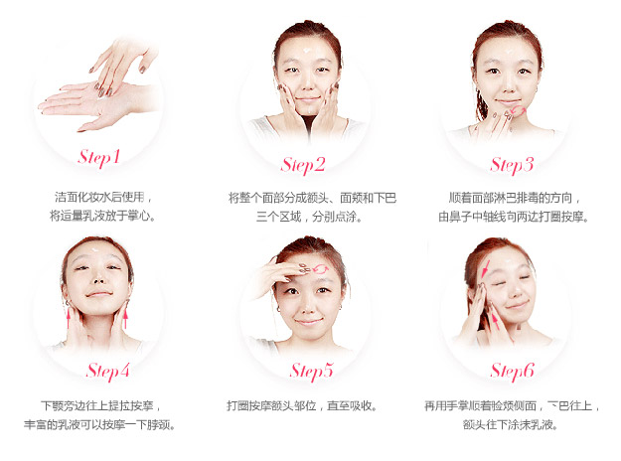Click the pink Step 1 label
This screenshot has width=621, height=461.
pyautogui.click(x=99, y=158)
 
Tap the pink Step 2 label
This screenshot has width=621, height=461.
pyautogui.click(x=303, y=165)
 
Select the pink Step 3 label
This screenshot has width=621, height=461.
pyautogui.click(x=512, y=165)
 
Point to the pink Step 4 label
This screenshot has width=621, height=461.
pyautogui.click(x=107, y=372)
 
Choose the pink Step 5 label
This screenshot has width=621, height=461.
pyautogui.click(x=311, y=372)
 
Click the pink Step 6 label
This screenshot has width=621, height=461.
pyautogui.click(x=512, y=372)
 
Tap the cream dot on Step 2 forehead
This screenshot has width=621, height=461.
pyautogui.click(x=307, y=51)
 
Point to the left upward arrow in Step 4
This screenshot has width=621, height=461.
pyautogui.click(x=69, y=319)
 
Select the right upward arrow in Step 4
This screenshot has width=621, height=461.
pyautogui.click(x=125, y=319)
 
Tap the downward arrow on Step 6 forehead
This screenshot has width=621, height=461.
pyautogui.click(x=486, y=268)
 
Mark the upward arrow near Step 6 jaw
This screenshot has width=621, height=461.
pyautogui.click(x=494, y=321)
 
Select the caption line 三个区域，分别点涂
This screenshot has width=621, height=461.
pyautogui.click(x=309, y=217)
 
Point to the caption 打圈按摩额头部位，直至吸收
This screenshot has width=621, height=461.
pyautogui.click(x=301, y=406)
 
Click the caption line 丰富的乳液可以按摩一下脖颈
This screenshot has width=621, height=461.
pyautogui.click(x=99, y=425)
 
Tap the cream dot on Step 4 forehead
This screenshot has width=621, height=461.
pyautogui.click(x=94, y=250)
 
